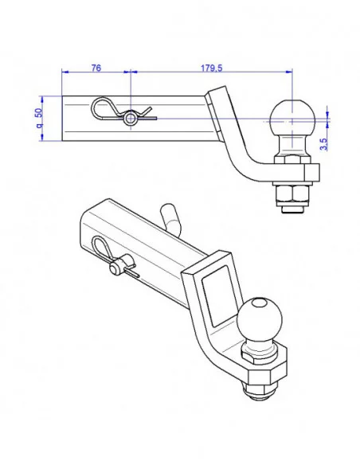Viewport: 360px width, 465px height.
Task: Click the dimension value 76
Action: point(96,68)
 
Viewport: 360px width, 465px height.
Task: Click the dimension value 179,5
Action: point(210,68)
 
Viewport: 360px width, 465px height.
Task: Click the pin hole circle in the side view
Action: point(130,119)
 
